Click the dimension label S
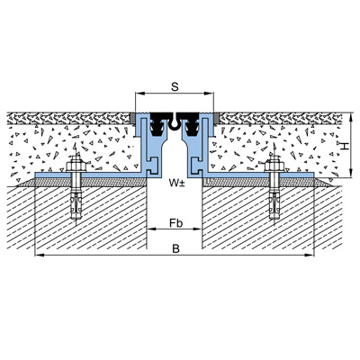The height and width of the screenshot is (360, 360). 175,87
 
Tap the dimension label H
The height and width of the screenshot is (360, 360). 345,146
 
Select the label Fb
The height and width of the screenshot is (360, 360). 176,223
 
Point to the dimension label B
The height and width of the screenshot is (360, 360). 176,248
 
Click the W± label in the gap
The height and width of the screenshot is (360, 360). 176,183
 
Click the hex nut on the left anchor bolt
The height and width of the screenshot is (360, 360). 76,166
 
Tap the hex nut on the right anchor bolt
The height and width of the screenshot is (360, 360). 274,166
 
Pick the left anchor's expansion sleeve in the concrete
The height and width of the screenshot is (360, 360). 76,205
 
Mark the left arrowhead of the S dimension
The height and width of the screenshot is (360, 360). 139,94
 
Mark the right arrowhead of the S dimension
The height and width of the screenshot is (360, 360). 210,94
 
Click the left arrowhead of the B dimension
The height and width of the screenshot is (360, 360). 40,256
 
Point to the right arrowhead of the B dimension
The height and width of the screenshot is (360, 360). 310,256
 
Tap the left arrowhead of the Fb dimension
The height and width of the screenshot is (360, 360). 152,229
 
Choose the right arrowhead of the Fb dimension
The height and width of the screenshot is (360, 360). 197,229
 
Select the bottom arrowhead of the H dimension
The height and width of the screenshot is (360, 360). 350,174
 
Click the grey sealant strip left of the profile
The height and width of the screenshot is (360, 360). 132,119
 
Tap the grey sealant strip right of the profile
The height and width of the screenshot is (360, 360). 216,119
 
